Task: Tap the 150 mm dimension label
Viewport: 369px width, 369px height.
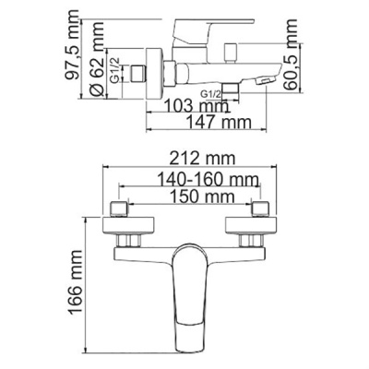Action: click(x=189, y=197)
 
